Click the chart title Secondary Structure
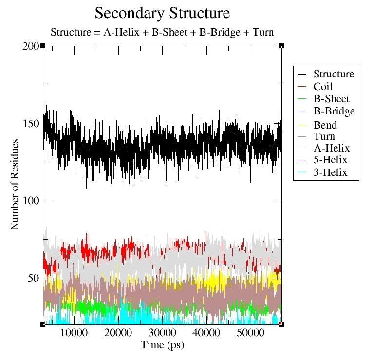pos(162,12)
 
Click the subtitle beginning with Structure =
pos(162,33)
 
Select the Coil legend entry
pos(323,87)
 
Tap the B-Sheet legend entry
pos(331,99)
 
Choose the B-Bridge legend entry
pos(334,111)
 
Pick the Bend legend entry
pos(325,125)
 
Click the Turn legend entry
pos(324,136)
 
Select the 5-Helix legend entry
pos(331,160)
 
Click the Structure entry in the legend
pos(334,75)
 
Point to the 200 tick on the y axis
pos(31,46)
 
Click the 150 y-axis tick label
pos(31,124)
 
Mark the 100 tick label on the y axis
pos(31,201)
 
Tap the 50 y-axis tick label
pos(33,278)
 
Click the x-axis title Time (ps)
pos(162,345)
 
